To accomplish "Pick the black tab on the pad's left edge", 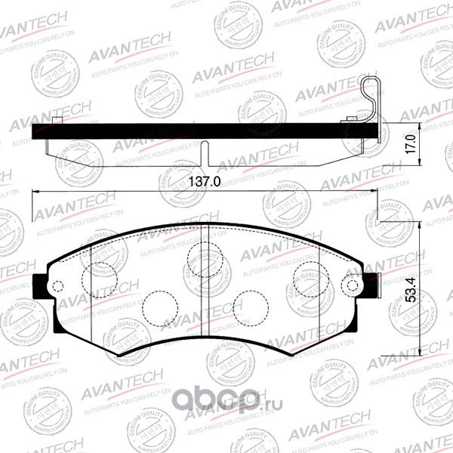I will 40,285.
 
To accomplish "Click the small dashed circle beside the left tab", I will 57,285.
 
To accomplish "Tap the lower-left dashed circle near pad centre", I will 160,304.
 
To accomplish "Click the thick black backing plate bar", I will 204,131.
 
